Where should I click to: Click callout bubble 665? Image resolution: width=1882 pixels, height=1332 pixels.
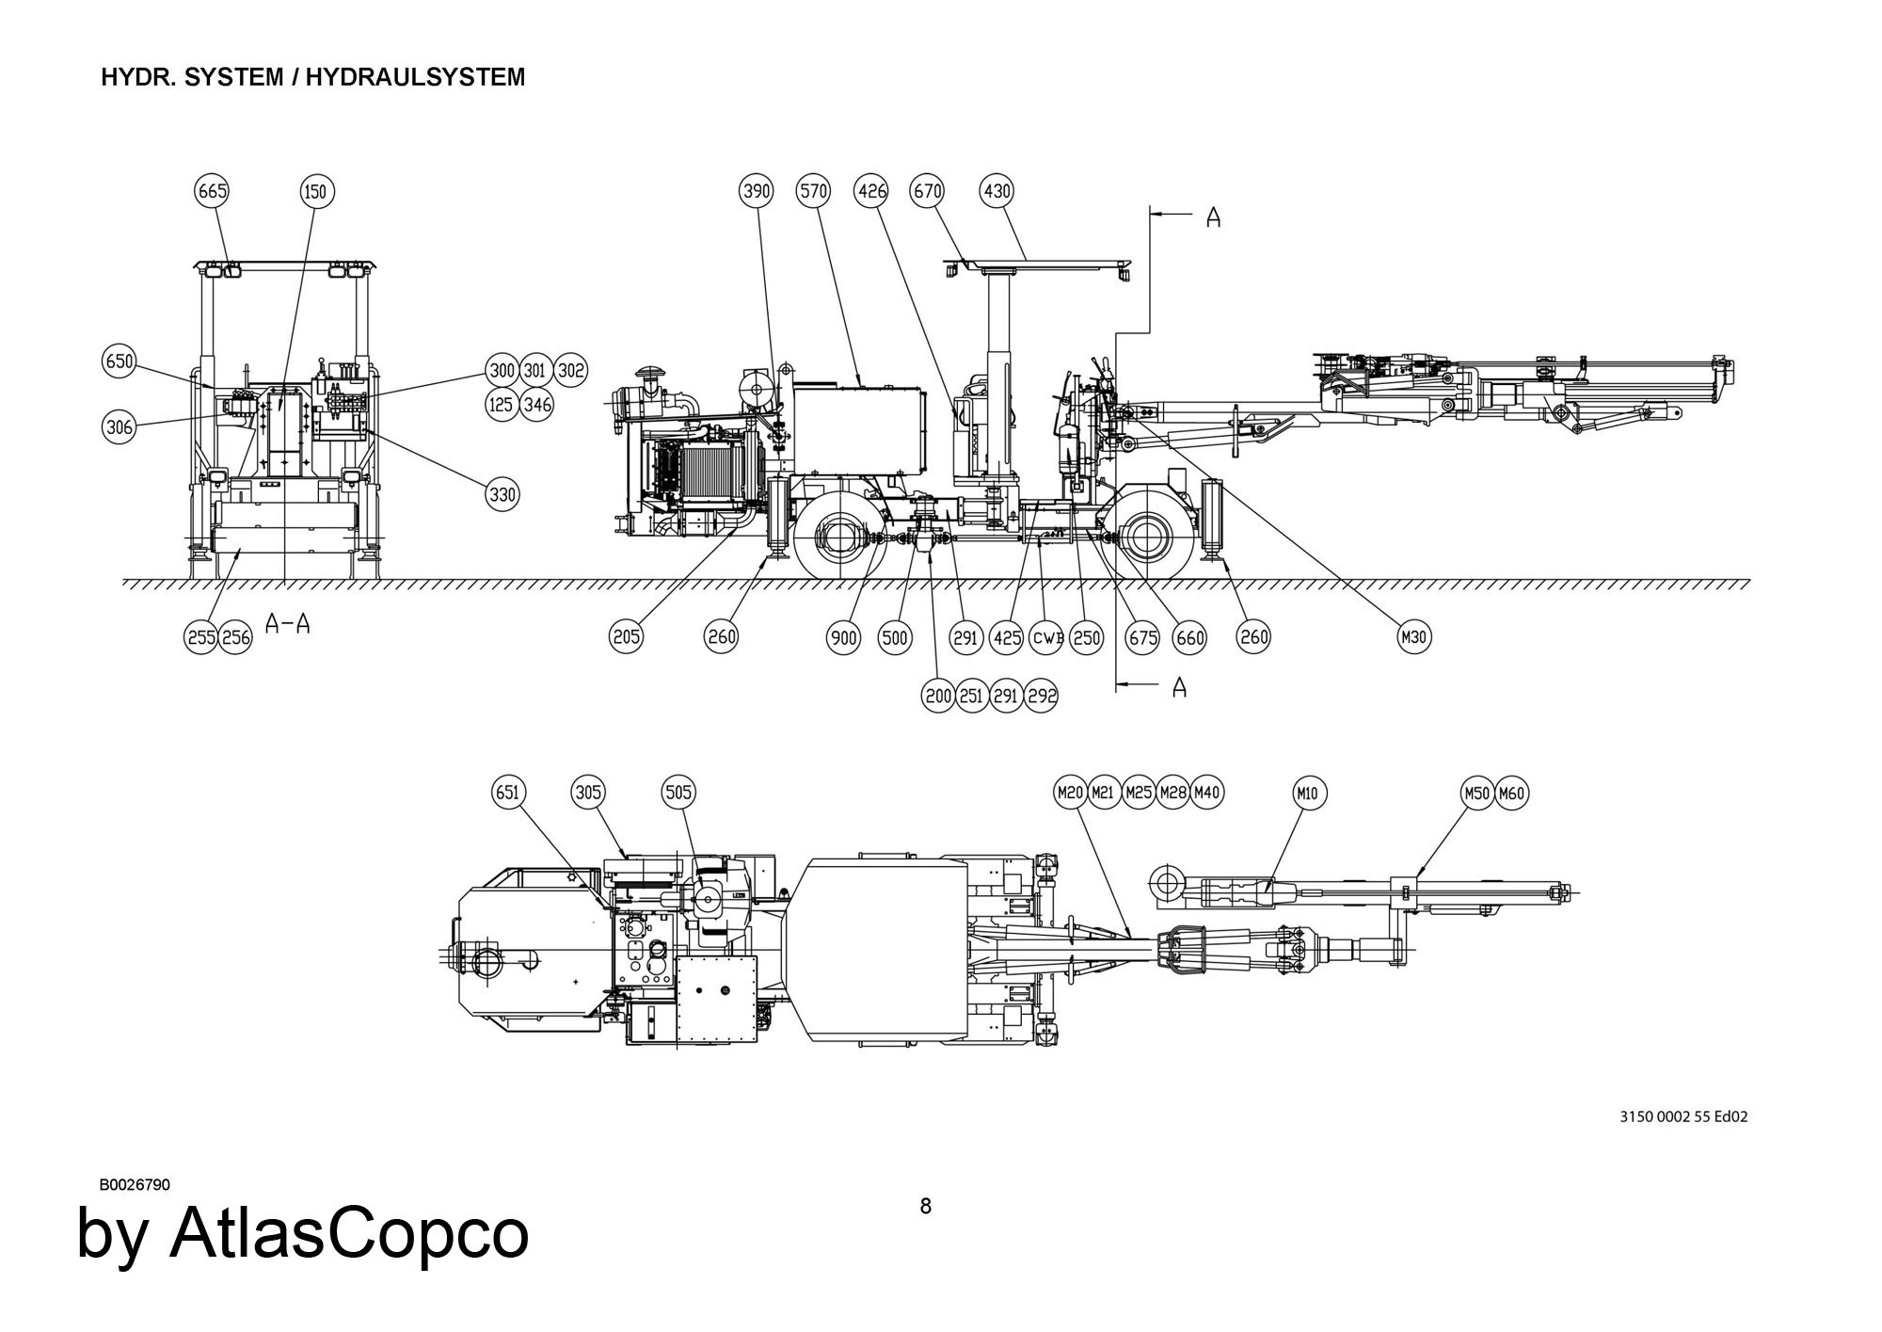pyautogui.click(x=212, y=191)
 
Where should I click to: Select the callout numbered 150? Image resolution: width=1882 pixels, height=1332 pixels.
pyautogui.click(x=315, y=192)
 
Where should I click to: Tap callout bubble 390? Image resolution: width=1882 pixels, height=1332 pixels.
pyautogui.click(x=757, y=191)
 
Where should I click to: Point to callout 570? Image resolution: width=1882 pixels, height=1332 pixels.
pyautogui.click(x=813, y=191)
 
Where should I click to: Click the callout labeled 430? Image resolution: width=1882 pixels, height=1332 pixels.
pyautogui.click(x=997, y=191)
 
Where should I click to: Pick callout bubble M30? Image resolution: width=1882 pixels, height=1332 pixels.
pyautogui.click(x=1414, y=637)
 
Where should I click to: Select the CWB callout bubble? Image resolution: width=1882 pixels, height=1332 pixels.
pyautogui.click(x=1047, y=637)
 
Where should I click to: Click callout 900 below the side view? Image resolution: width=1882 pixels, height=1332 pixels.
pyautogui.click(x=843, y=637)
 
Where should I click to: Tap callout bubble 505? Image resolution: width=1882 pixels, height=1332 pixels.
pyautogui.click(x=679, y=792)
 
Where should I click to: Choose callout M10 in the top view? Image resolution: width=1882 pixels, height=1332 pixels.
pyautogui.click(x=1307, y=794)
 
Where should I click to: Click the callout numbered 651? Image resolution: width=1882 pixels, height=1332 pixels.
pyautogui.click(x=507, y=792)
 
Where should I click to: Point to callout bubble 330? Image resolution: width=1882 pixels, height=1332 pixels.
pyautogui.click(x=503, y=494)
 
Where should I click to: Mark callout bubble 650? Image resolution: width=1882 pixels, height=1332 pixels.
pyautogui.click(x=120, y=362)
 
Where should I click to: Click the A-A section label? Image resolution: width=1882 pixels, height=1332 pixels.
pyautogui.click(x=288, y=622)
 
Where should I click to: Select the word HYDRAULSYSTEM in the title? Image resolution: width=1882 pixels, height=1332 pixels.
pyautogui.click(x=415, y=77)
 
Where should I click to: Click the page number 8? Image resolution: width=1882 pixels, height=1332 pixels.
pyautogui.click(x=925, y=1206)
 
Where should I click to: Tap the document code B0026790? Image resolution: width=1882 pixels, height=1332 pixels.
pyautogui.click(x=135, y=1184)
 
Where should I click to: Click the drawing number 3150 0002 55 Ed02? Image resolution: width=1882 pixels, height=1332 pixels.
pyautogui.click(x=1683, y=1116)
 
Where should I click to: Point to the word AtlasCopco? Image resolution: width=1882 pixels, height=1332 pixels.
pyautogui.click(x=349, y=1233)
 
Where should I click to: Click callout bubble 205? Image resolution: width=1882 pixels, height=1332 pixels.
pyautogui.click(x=627, y=637)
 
